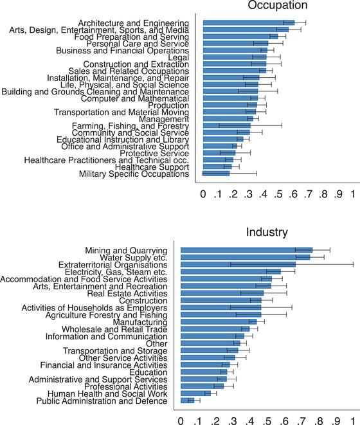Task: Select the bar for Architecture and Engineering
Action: point(248,23)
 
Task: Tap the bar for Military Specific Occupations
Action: point(216,174)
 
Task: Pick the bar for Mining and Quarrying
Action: point(246,250)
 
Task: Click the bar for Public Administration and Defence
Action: point(187,401)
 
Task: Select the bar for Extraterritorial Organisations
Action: point(238,264)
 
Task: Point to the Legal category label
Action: point(178,58)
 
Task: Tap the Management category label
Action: point(168,119)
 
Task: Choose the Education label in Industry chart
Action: point(148,372)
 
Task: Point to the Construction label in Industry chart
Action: point(143,300)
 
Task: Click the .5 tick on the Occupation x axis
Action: point(278,194)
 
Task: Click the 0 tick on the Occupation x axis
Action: point(203,194)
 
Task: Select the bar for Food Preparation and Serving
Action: point(240,37)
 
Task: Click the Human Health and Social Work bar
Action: point(195,393)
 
